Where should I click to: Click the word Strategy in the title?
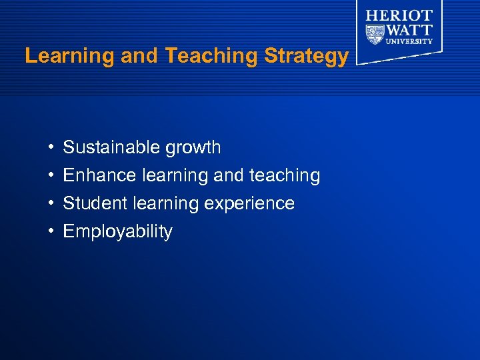click(306, 57)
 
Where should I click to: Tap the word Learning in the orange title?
click(69, 56)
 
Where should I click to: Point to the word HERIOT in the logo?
click(399, 15)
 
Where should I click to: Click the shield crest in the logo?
click(375, 33)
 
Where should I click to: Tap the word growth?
click(195, 148)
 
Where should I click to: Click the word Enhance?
click(100, 175)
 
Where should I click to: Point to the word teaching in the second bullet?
click(285, 176)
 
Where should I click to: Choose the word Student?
click(95, 203)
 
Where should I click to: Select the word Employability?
click(117, 232)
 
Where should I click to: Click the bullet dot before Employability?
click(51, 231)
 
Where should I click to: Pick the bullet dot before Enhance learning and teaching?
click(51, 175)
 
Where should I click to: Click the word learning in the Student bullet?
click(171, 204)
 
